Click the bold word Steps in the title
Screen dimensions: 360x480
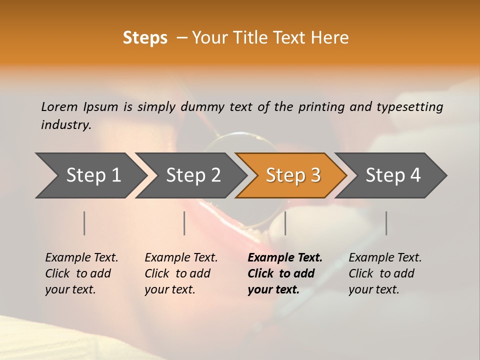coord(145,37)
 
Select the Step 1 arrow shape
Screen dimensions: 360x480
coord(90,175)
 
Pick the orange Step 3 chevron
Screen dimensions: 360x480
coord(292,175)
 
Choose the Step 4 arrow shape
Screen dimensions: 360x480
coord(393,175)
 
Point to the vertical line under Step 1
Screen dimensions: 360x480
coord(84,223)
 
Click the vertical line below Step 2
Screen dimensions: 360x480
coord(184,223)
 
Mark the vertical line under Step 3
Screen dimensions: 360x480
coord(285,223)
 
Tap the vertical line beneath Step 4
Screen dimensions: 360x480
coord(386,223)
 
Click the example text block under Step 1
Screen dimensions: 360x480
coord(81,273)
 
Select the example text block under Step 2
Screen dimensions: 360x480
coord(180,273)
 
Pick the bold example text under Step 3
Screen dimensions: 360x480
coord(284,273)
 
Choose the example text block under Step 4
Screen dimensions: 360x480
coord(384,273)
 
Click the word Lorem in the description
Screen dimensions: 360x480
coord(59,106)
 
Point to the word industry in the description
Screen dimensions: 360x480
coord(66,125)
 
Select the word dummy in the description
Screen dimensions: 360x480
coord(202,107)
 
